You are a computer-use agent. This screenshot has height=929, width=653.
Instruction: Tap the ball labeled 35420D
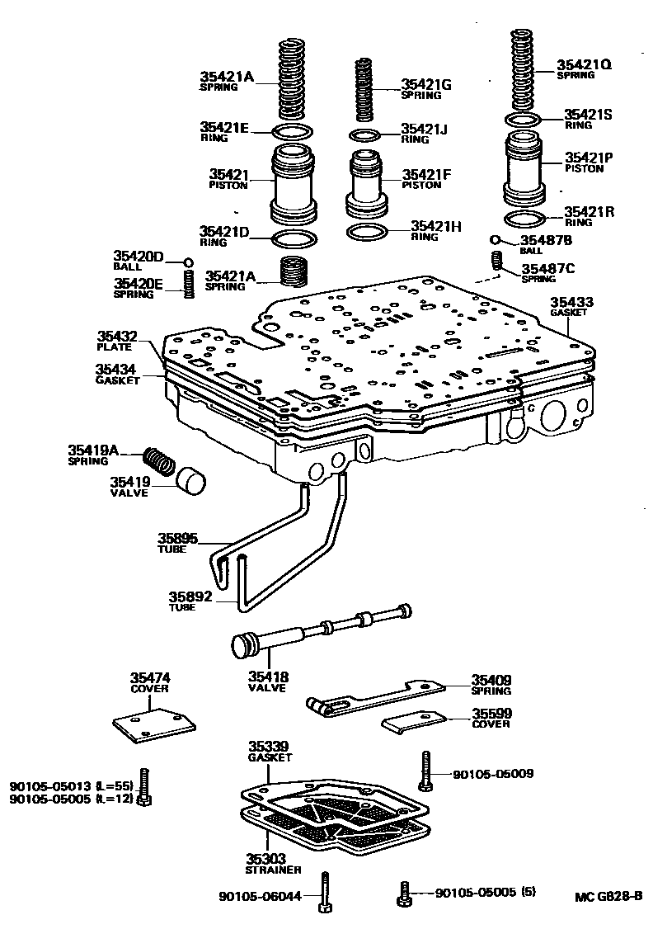tap(188, 262)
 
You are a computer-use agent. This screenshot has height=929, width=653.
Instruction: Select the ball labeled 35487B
tap(496, 239)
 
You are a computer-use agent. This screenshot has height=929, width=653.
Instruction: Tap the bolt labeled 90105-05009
tap(425, 769)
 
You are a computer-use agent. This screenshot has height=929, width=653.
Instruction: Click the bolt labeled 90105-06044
tap(325, 893)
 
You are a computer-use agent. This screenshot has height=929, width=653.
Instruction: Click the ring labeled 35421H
tap(367, 232)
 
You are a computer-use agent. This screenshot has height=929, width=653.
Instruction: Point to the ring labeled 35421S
tap(522, 120)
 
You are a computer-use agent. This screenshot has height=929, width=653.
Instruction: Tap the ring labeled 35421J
tap(365, 135)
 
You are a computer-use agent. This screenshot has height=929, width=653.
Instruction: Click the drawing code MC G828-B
tap(608, 897)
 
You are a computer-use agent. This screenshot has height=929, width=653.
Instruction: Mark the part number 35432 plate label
tap(117, 337)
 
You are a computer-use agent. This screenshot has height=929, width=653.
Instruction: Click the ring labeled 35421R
tap(523, 220)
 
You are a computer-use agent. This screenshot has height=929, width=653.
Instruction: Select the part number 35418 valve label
tap(267, 677)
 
